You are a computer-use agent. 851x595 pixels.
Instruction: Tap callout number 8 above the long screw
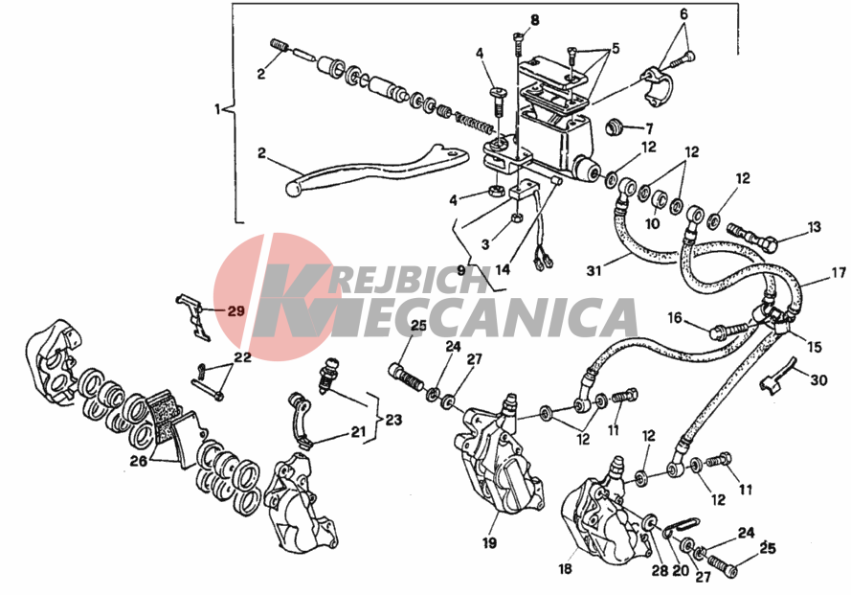coord(534,21)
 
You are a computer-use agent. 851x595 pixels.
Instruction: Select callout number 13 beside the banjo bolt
coord(814,227)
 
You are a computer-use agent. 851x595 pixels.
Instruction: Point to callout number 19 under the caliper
coord(489,542)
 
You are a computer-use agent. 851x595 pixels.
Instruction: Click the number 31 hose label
coord(594,269)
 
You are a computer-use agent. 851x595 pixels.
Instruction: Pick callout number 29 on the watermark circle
coord(236,311)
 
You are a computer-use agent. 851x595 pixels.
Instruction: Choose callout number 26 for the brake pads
coord(138,461)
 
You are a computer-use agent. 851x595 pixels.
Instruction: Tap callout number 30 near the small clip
coord(818,379)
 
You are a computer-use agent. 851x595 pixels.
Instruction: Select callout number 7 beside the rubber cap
coord(649,129)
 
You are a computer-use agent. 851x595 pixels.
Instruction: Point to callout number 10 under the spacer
coord(652,223)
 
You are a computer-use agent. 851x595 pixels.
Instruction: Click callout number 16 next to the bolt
coord(675,317)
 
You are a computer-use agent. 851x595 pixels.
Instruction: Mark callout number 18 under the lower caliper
coord(565,569)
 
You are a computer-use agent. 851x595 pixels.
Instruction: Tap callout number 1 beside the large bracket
coord(217,110)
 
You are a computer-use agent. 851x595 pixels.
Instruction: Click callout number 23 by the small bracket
coord(394,420)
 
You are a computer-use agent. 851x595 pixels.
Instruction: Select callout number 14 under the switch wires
coord(503,269)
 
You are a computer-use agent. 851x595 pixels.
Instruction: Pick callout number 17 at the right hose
coord(839,272)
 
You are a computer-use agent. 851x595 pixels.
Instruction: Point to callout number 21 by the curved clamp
coord(358,432)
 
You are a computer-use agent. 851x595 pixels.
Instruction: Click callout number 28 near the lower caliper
coord(660,572)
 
